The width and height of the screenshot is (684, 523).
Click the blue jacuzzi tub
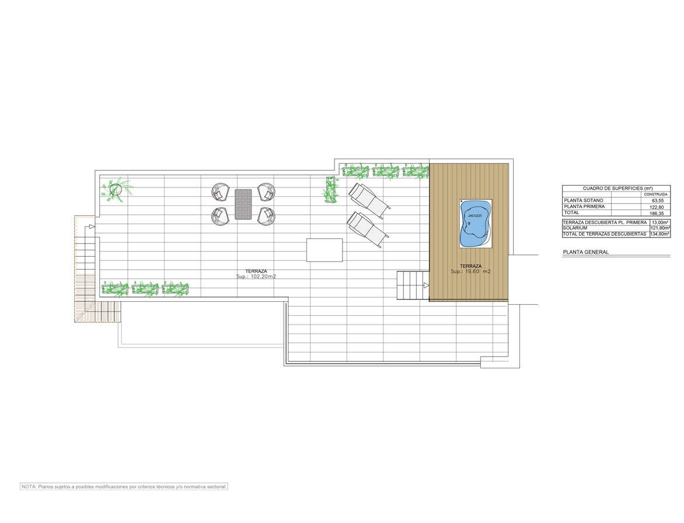click(475, 223)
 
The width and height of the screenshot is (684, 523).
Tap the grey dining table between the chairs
click(243, 204)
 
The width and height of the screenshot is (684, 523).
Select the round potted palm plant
click(116, 190)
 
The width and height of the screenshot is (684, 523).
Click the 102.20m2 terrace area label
click(256, 277)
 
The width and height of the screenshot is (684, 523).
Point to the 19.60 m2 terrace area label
click(470, 271)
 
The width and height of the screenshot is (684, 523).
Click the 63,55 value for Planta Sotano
click(658, 201)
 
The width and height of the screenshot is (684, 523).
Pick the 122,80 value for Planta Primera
click(657, 207)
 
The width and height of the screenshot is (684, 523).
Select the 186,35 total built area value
click(657, 213)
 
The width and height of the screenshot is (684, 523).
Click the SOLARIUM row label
click(575, 228)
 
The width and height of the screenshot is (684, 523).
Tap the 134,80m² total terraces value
click(659, 234)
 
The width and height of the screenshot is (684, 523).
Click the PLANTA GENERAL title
click(586, 252)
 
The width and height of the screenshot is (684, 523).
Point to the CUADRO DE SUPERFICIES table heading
click(617, 189)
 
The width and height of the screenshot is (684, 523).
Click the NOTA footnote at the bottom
click(124, 487)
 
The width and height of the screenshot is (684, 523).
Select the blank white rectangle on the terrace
click(324, 250)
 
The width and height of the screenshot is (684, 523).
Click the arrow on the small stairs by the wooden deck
click(426, 285)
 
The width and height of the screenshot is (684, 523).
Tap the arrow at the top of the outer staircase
click(92, 227)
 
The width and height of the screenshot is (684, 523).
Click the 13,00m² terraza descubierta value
click(660, 222)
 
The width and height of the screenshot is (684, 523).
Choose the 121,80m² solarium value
click(660, 228)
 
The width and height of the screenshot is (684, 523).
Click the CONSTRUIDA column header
click(655, 194)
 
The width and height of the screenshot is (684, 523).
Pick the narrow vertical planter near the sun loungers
click(331, 190)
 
